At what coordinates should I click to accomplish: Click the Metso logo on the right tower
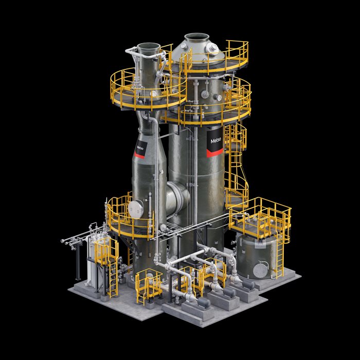coord(214,140)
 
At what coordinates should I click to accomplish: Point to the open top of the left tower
coord(147,47)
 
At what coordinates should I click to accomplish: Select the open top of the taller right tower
coord(196,37)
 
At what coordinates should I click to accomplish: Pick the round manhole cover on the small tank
coord(262,268)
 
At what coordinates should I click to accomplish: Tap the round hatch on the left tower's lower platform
coord(135,207)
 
